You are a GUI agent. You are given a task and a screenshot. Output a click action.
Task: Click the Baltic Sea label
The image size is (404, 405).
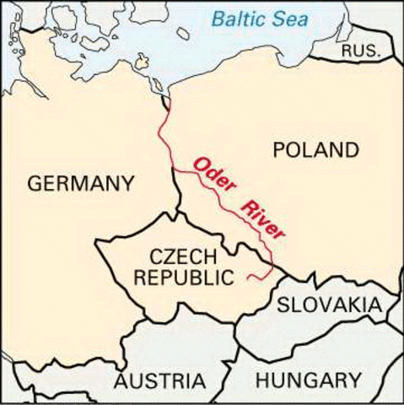[x=261, y=17]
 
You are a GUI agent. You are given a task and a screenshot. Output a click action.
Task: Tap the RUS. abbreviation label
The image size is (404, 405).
[x=360, y=51]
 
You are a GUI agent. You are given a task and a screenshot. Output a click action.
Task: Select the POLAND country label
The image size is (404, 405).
[x=316, y=151]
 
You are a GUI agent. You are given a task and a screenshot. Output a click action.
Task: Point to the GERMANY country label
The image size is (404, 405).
[x=80, y=183]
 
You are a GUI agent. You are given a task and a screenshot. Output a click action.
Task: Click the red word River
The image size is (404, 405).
[x=264, y=220]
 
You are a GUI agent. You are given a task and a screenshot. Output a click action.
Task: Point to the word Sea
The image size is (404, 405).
[x=296, y=17]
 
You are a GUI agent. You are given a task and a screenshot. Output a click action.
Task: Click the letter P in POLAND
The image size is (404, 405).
[x=281, y=151]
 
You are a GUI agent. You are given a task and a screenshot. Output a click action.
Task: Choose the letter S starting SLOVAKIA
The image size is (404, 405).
[x=284, y=305]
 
